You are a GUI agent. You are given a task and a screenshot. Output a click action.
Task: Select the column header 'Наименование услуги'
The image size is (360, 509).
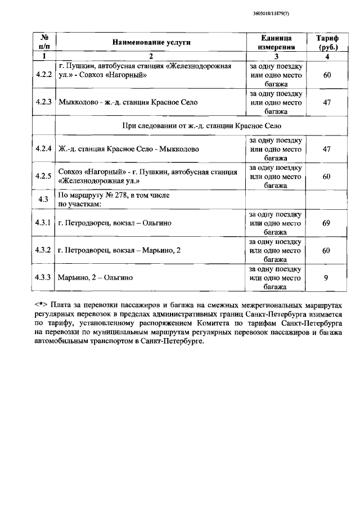[151, 42]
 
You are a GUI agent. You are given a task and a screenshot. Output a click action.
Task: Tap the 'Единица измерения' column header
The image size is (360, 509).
[276, 42]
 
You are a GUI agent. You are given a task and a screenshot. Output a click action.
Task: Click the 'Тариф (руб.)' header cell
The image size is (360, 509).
[326, 42]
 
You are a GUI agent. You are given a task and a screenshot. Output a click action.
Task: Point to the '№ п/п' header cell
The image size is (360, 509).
[44, 42]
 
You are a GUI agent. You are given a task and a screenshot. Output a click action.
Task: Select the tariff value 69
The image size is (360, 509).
[326, 223]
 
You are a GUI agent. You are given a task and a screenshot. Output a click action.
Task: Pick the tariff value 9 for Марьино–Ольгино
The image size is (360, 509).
[326, 277]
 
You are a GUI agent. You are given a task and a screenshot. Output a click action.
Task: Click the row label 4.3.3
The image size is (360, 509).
[44, 277]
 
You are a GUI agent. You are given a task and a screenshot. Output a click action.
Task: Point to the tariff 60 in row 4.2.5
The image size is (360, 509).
[326, 176]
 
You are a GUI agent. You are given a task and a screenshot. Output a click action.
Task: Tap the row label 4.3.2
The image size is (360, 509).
[44, 250]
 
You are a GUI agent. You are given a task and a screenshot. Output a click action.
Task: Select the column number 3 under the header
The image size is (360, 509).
[276, 56]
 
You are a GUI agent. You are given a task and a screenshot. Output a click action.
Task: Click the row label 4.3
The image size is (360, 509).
[44, 199]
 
